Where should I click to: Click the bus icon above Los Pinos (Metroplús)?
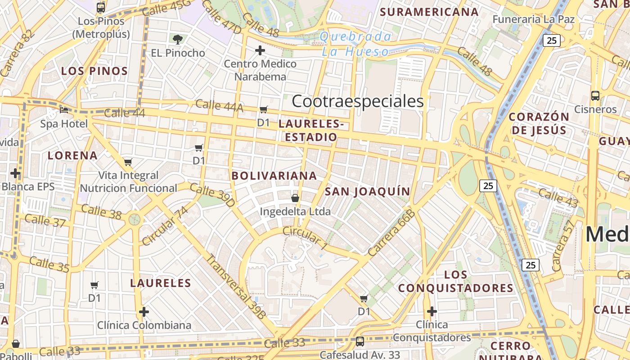pos(101,7)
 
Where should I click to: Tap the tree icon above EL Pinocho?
pos(178,39)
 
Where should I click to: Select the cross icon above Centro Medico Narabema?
pos(260,50)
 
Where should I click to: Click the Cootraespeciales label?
pos(358,101)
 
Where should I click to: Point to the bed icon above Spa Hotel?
pos(64,110)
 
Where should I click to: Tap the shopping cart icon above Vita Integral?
pos(128,162)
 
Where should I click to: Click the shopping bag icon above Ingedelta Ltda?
pos(295,198)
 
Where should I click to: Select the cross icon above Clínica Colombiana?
pos(144,311)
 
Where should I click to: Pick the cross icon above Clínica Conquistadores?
pos(432,311)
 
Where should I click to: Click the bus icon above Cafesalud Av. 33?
pos(360,341)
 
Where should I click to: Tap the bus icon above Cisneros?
pos(595,95)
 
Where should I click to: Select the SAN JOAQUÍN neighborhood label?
pos(368,192)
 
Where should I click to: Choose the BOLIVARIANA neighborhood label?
pos(274,175)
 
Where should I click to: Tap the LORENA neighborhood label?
pos(73,156)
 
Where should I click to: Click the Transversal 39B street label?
pos(236,287)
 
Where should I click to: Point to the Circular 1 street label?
pos(305,237)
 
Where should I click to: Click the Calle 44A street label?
pos(219,106)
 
